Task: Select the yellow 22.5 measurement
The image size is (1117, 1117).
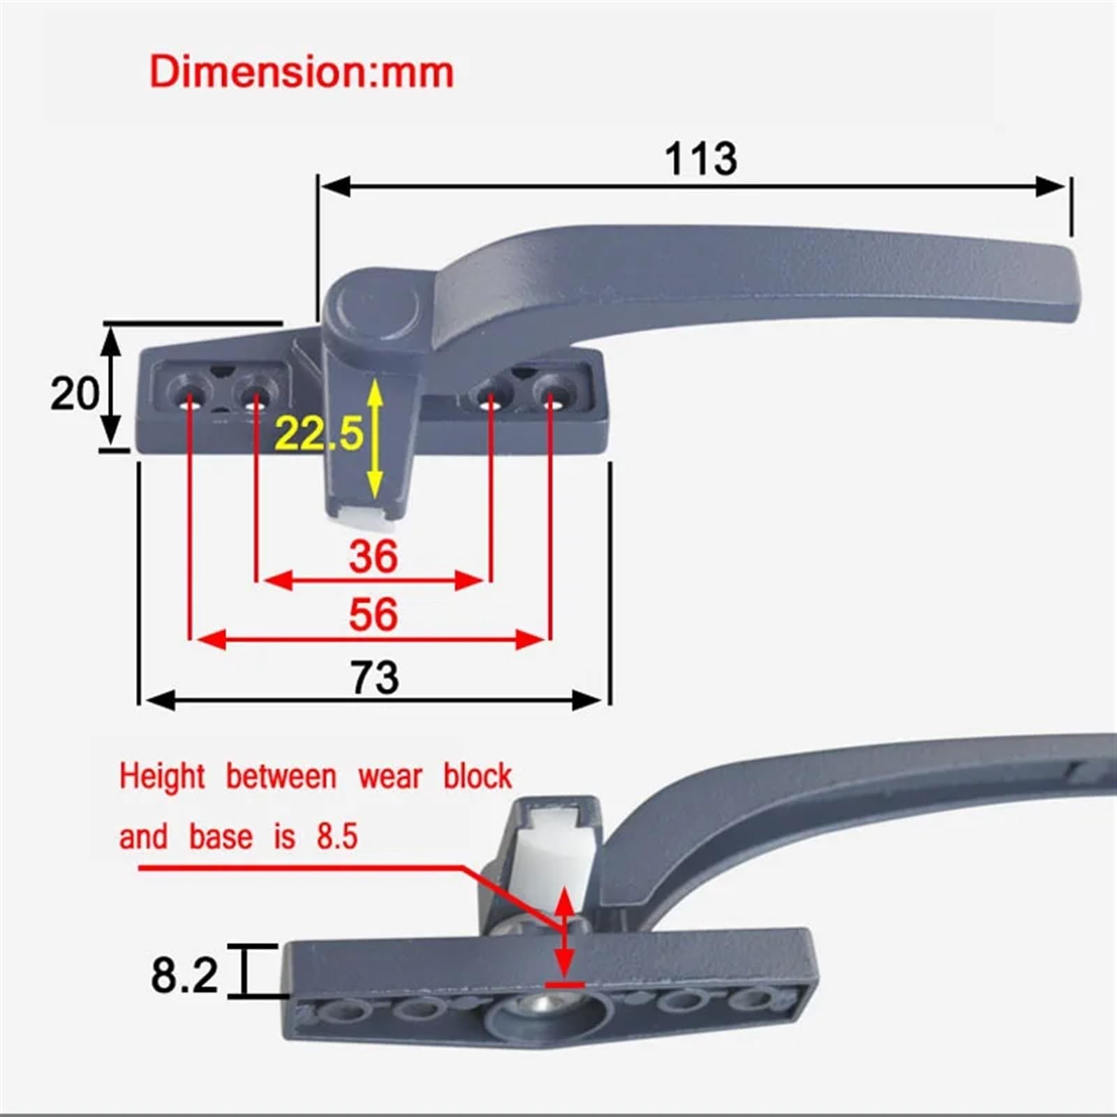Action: point(318,433)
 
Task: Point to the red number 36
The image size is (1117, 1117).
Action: point(373,556)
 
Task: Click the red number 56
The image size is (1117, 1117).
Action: point(373,614)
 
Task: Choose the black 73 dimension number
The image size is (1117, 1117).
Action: point(375,677)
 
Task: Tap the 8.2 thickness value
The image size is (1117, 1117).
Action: point(184,975)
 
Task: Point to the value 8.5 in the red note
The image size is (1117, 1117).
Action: point(337,836)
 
